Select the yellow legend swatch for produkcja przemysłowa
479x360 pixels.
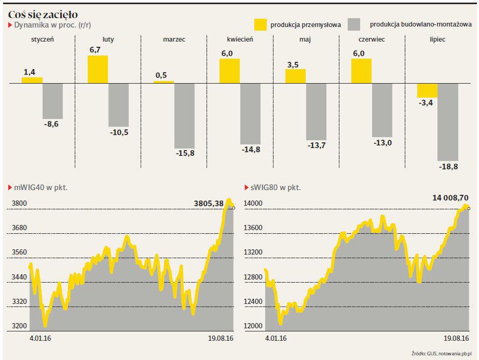pos(261,24)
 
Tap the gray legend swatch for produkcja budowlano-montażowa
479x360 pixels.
pos(354,24)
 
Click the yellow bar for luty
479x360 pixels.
pos(98,69)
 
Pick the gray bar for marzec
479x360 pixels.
pos(184,116)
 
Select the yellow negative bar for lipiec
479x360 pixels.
pos(427,90)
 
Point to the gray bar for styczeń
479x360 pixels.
pos(52,101)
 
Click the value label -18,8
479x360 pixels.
pos(448,167)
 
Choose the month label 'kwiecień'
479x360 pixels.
pos(240,39)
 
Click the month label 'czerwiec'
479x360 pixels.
pos(372,39)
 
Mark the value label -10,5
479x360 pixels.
pos(119,132)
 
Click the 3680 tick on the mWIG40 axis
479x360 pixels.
pos(20,228)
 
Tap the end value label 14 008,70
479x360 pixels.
pos(450,198)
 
